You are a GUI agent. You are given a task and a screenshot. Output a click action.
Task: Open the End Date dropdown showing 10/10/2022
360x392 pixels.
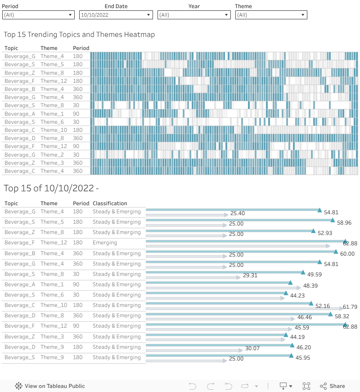click(116, 15)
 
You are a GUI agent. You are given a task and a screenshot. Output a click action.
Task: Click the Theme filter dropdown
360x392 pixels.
click(271, 15)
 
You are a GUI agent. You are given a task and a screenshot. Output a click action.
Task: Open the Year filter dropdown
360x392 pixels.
click(194, 15)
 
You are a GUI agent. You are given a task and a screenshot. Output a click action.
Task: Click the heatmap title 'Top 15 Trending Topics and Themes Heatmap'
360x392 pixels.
click(79, 35)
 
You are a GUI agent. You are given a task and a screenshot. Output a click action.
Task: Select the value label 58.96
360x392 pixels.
click(344, 223)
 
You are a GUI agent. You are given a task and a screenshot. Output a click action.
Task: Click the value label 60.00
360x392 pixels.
click(347, 254)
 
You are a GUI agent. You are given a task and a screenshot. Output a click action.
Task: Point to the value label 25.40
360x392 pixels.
click(238, 213)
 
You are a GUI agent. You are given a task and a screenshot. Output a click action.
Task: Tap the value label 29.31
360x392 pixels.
click(250, 275)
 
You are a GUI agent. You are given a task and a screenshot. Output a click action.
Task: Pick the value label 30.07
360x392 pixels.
click(252, 348)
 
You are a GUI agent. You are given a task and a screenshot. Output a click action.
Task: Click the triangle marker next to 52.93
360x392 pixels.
click(313, 230)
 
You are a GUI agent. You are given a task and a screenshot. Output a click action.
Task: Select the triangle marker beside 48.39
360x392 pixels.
click(290, 283)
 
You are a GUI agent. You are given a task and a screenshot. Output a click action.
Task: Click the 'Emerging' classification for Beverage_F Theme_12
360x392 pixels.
click(105, 243)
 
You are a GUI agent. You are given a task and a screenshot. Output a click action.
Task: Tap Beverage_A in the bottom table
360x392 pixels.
click(20, 284)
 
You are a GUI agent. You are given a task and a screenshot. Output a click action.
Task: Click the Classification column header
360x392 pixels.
click(110, 203)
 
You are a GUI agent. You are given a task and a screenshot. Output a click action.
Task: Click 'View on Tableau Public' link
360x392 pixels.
click(54, 386)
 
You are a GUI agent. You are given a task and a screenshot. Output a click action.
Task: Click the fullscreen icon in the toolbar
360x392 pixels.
click(306, 386)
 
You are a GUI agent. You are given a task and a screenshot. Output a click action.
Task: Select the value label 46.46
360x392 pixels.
click(305, 318)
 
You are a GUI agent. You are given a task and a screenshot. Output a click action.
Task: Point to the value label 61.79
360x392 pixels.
click(350, 307)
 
